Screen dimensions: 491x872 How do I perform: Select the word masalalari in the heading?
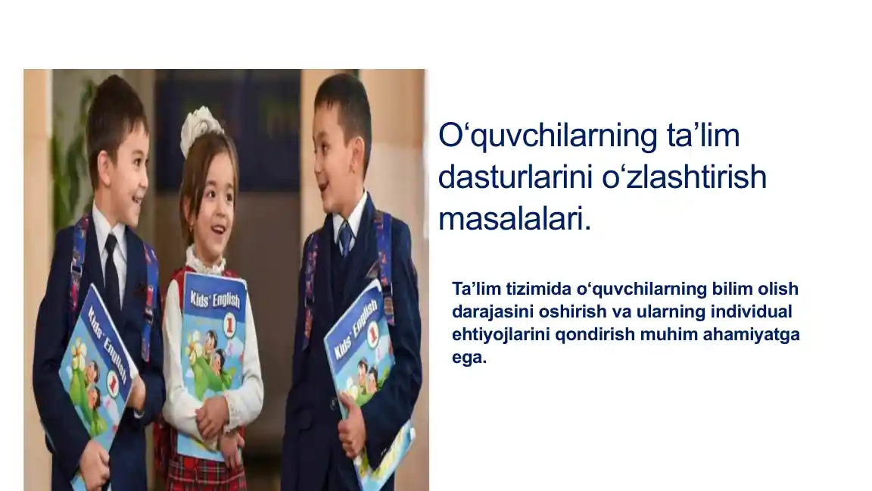click(512, 220)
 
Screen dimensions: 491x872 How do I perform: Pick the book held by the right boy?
click(367, 371)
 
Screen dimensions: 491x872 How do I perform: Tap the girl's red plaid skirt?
click(204, 470)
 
